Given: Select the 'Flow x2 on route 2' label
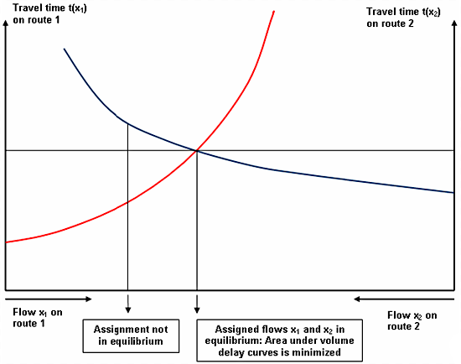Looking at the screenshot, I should (x=412, y=320).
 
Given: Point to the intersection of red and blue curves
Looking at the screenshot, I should (x=196, y=151).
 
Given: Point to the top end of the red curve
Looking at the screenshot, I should (x=274, y=10).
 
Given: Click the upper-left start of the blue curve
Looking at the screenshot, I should (x=64, y=49).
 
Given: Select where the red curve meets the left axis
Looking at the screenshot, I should (x=7, y=242).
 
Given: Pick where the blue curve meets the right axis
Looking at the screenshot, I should (x=453, y=193).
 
